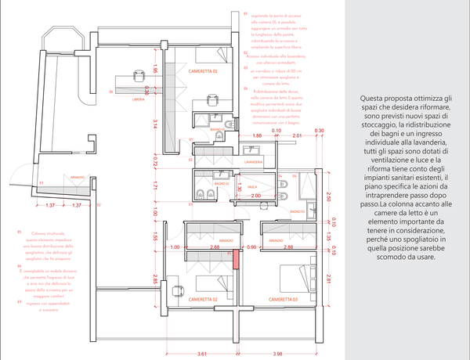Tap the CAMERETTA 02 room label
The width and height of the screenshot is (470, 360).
coord(203,299)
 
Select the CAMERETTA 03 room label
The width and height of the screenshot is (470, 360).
coord(283,299)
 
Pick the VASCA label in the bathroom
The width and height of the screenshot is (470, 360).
coord(252,188)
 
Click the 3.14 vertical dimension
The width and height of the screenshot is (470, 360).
coord(155,121)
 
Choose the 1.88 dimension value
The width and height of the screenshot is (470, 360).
coord(214,136)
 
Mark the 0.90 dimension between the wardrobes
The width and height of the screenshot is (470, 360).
coord(251,247)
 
